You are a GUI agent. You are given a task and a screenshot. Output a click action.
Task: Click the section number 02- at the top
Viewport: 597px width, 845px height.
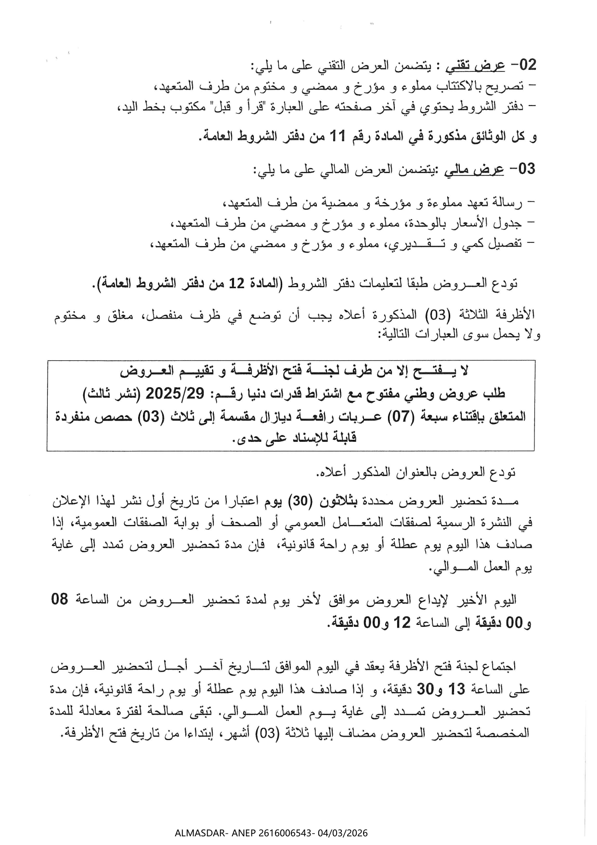(523, 65)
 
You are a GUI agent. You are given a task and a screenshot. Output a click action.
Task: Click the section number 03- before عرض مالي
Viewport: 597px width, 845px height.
(522, 169)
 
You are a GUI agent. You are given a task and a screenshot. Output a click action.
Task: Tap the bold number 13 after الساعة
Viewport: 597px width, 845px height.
(457, 689)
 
